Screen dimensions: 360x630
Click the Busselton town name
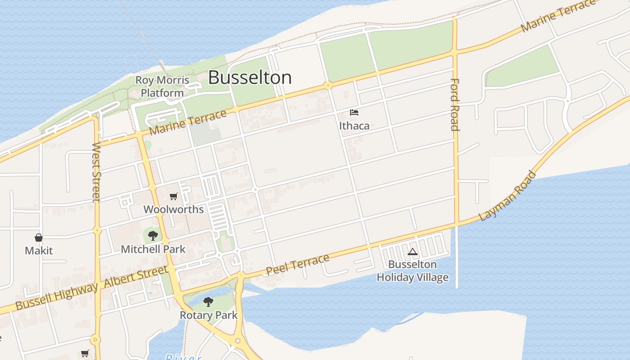coord(250,78)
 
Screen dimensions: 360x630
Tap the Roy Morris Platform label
coord(162,87)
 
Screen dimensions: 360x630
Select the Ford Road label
coord(455,104)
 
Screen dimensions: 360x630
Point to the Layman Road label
coord(508,196)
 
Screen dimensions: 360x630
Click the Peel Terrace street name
coord(297,265)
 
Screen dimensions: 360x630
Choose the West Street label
coord(96,172)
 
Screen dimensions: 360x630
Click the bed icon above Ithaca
coord(354,112)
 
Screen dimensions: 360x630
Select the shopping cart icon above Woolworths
coord(174,197)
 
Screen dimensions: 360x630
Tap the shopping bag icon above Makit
coord(39,238)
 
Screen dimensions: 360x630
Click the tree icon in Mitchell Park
coord(153,235)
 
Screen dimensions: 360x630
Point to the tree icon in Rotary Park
coord(208,301)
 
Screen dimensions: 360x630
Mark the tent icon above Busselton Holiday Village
coord(412,252)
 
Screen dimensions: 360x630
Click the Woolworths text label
coord(174,209)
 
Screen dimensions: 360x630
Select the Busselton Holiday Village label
coord(413,271)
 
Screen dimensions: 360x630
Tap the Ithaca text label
coord(354,126)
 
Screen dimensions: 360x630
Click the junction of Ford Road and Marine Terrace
coord(454,52)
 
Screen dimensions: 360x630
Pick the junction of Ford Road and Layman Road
coord(456,223)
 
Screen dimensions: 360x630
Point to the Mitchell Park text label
coord(153,249)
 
